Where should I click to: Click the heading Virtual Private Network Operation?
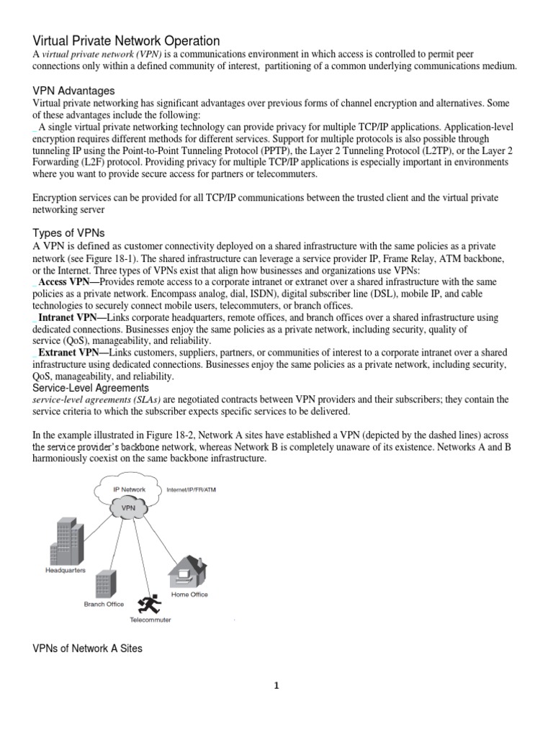[126, 41]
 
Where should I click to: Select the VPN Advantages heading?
[74, 91]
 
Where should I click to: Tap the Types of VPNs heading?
[69, 232]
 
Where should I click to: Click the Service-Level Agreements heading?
[91, 387]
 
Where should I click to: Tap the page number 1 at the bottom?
[276, 686]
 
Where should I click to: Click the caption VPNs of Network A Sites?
[88, 648]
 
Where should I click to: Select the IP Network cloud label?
[130, 489]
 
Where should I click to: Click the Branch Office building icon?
[106, 584]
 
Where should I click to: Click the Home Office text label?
[189, 595]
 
